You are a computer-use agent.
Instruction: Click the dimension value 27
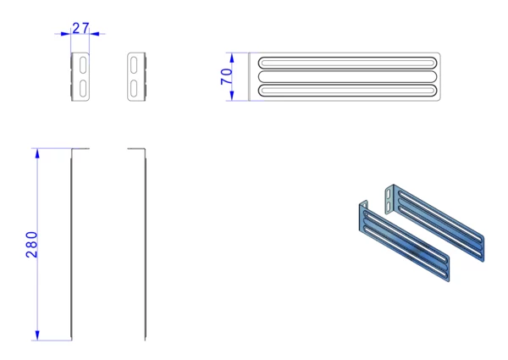[x=80, y=28]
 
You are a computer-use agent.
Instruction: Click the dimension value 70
[x=226, y=76]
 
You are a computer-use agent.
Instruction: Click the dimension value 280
[x=32, y=245]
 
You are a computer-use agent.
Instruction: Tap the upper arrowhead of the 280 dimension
[x=37, y=153]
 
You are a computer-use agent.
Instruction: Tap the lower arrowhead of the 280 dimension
[x=37, y=335]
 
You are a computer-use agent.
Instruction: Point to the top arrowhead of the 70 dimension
[x=232, y=58]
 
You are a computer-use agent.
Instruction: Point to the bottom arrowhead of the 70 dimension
[x=232, y=96]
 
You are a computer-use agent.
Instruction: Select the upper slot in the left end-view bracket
[x=83, y=65]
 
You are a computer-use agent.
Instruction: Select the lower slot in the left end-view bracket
[x=83, y=88]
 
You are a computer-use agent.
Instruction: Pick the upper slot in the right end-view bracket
[x=134, y=65]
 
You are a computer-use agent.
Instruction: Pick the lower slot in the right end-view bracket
[x=134, y=88]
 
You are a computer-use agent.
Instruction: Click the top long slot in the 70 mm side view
[x=347, y=63]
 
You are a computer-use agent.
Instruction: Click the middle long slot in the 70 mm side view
[x=347, y=76]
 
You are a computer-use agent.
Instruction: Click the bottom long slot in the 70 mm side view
[x=347, y=91]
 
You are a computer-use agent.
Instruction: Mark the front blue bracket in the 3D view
[x=405, y=241]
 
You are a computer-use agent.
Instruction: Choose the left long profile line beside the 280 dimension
[x=72, y=245]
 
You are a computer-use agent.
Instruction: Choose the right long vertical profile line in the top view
[x=145, y=245]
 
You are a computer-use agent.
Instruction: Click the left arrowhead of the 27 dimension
[x=65, y=33]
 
